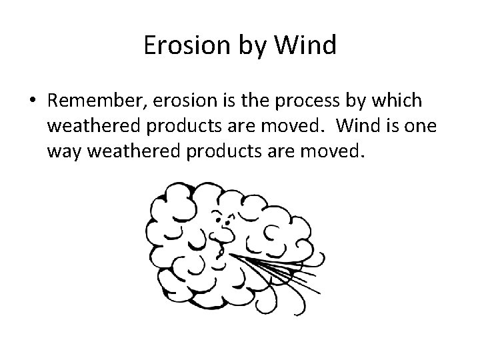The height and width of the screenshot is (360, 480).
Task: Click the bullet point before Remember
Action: pos(33,101)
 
